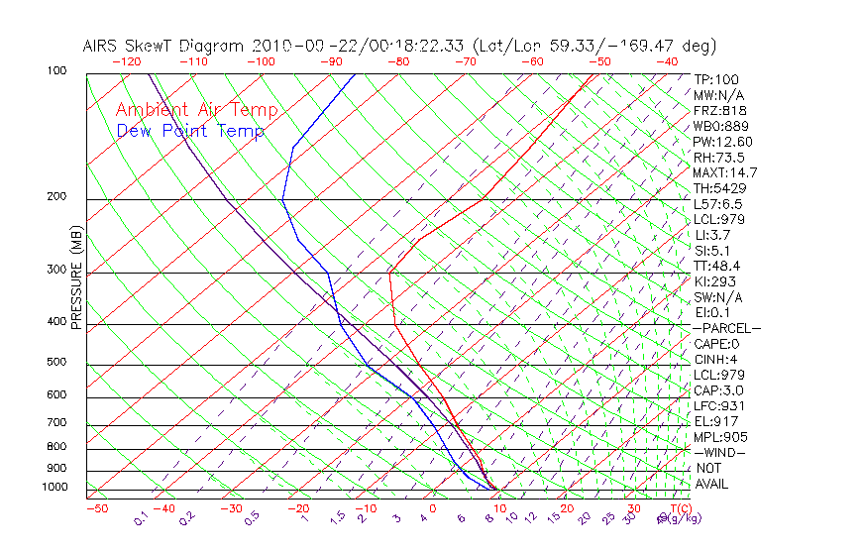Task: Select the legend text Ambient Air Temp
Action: click(196, 110)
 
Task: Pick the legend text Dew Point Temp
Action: click(190, 131)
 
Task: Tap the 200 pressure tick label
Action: click(57, 197)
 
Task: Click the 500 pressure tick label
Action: click(57, 363)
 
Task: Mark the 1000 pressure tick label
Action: click(54, 488)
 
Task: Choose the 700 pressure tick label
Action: click(57, 423)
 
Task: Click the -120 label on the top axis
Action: click(126, 61)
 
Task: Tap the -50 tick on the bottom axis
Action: click(96, 508)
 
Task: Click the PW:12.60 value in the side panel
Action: click(722, 142)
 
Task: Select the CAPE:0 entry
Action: click(715, 344)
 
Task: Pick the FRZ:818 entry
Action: click(718, 111)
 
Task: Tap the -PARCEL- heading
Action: click(726, 328)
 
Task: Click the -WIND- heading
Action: click(720, 452)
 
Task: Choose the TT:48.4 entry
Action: click(718, 266)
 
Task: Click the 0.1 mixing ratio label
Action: click(142, 517)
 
